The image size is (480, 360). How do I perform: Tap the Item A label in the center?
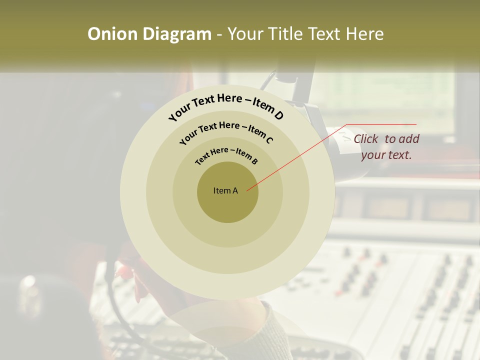coord(225,190)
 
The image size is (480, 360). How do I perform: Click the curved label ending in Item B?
coord(226,154)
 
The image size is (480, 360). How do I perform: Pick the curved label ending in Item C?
coord(226,131)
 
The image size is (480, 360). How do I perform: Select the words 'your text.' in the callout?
coord(386,155)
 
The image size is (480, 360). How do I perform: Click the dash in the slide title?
coord(219,34)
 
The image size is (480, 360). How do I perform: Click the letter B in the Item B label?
coord(255,161)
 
